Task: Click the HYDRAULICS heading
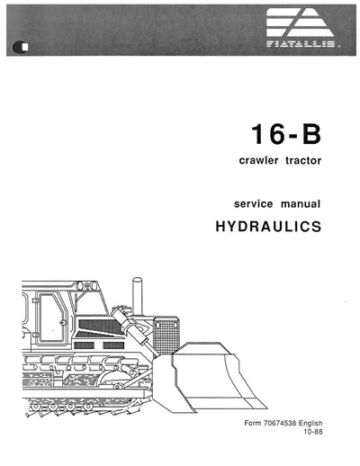268,229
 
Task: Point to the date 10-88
334,456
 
